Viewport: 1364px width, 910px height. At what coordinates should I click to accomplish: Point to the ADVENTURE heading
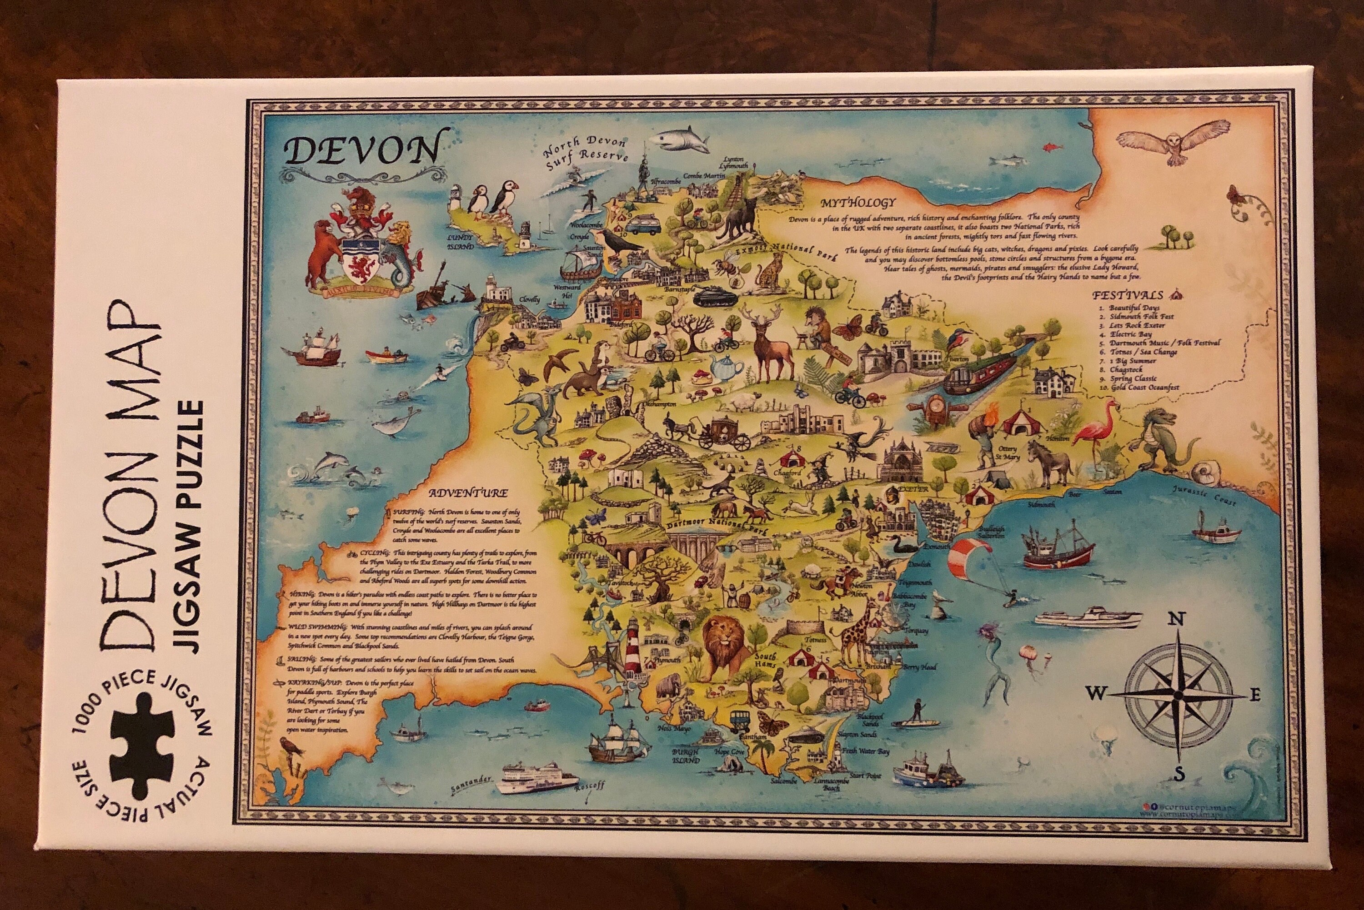(468, 493)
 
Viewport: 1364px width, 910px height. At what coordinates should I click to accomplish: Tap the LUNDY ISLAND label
(461, 242)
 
